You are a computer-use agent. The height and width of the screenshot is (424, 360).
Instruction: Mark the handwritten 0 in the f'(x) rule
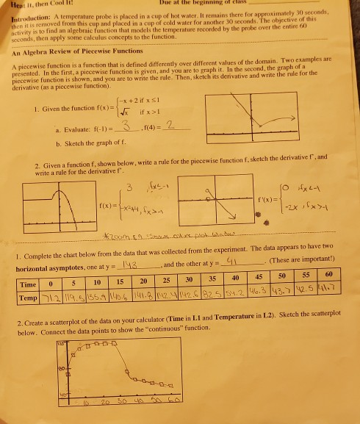point(291,181)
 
